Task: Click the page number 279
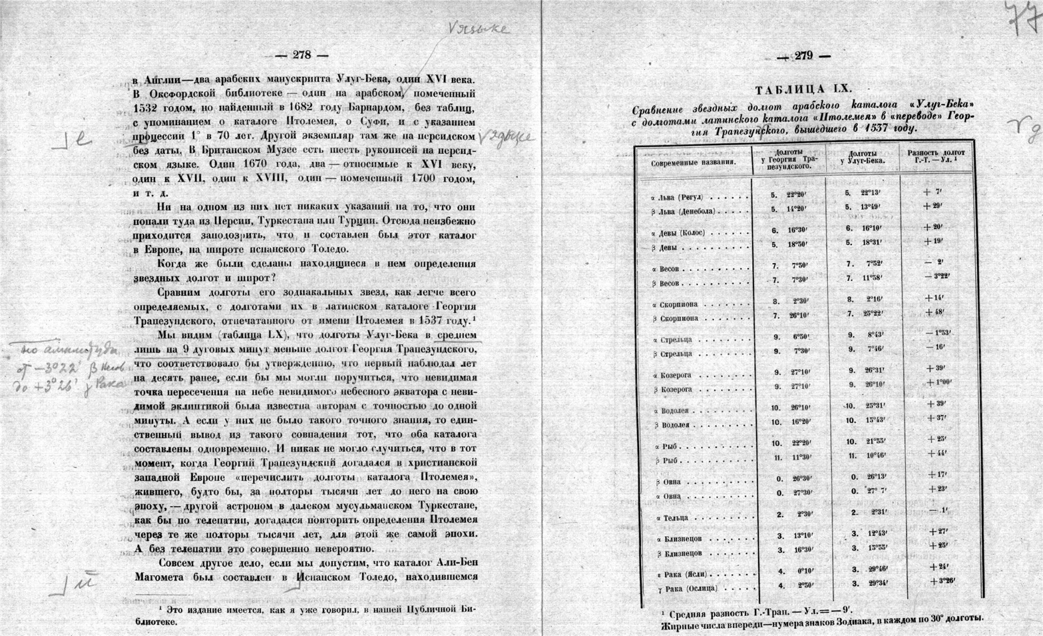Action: pyautogui.click(x=803, y=56)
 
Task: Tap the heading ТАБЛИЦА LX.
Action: pyautogui.click(x=803, y=89)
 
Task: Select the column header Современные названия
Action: pyautogui.click(x=693, y=162)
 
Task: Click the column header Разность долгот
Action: pyautogui.click(x=935, y=157)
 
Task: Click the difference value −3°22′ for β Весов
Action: pyautogui.click(x=938, y=276)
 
